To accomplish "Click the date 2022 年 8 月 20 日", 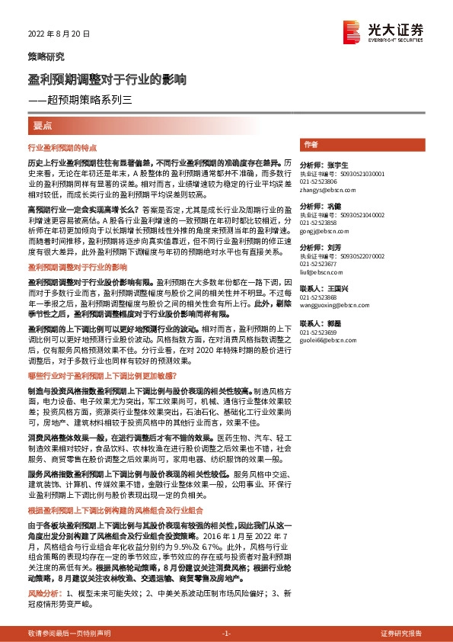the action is (x=59, y=34).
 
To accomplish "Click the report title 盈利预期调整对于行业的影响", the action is (x=107, y=79).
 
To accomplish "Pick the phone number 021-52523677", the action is (x=318, y=263).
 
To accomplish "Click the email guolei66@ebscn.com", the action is (x=328, y=339).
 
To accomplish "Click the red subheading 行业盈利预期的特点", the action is (x=71, y=147).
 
